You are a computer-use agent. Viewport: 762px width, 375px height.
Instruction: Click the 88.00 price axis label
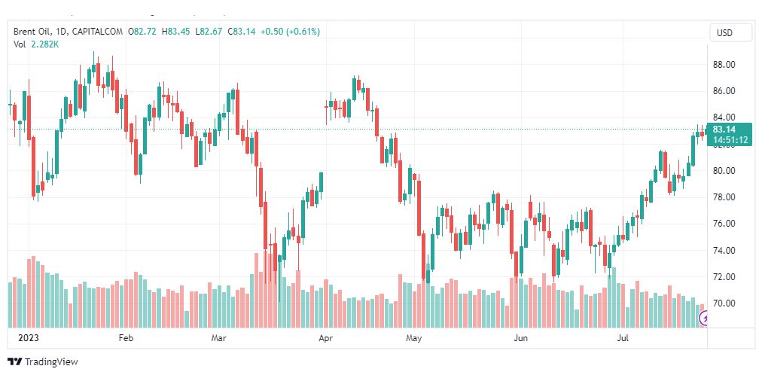coord(724,65)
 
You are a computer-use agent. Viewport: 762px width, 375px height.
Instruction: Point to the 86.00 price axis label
coord(724,91)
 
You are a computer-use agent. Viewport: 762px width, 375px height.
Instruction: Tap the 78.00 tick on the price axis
coord(724,197)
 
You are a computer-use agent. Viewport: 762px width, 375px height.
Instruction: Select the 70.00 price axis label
coord(724,303)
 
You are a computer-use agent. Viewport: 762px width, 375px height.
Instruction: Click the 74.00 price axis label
coord(724,251)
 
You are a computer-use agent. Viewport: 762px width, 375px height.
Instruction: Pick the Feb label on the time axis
coord(126,338)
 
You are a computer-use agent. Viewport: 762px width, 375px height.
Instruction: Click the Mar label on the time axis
coord(219,338)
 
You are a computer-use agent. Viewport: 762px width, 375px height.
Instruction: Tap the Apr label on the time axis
coord(326,338)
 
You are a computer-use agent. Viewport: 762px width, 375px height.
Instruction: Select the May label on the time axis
coord(413,338)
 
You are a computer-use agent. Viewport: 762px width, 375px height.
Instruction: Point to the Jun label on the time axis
coord(520,338)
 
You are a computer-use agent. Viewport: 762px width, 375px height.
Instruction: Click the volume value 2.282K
coord(45,44)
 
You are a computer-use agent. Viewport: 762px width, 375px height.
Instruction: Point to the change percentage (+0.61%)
coord(302,32)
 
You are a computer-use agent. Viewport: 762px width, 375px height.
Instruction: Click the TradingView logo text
coord(50,362)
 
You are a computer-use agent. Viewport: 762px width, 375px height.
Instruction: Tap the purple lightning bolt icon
coord(706,319)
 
